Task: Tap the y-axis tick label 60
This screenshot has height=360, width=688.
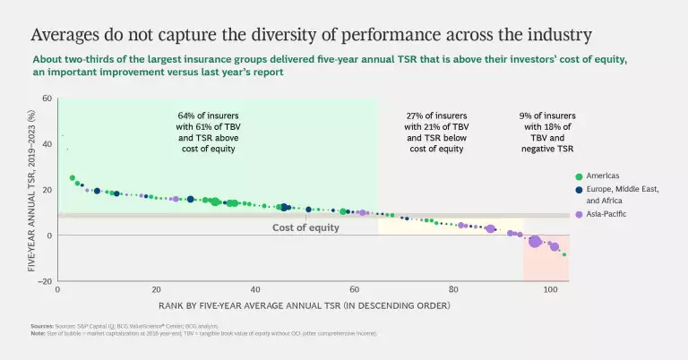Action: tap(47, 99)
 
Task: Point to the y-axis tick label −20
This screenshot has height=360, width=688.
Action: tap(44, 281)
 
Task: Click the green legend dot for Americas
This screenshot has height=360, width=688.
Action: tap(580, 176)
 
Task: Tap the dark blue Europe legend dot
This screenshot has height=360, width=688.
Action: tap(580, 189)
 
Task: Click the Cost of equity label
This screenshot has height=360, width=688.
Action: tap(305, 228)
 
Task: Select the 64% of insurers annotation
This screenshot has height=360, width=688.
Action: tap(215, 133)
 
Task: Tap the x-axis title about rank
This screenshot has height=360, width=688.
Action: tap(305, 306)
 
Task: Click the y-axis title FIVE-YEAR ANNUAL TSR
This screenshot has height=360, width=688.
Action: tap(32, 190)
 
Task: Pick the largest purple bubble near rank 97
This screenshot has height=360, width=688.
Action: tap(535, 241)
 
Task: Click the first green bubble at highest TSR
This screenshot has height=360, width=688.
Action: tap(73, 178)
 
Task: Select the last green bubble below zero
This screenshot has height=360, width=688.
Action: tap(564, 254)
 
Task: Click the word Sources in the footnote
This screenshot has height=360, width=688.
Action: tap(42, 326)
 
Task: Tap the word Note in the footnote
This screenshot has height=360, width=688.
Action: tap(37, 333)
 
